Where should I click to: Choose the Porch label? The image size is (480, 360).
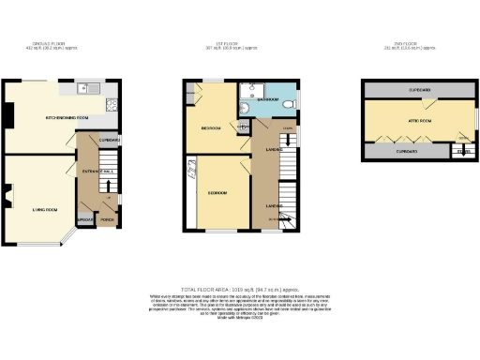107,220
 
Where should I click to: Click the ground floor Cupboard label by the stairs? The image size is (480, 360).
109,139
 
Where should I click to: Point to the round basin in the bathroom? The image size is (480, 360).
245,107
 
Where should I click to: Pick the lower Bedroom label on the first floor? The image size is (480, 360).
217,192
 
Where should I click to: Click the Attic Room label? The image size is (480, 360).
419,121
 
